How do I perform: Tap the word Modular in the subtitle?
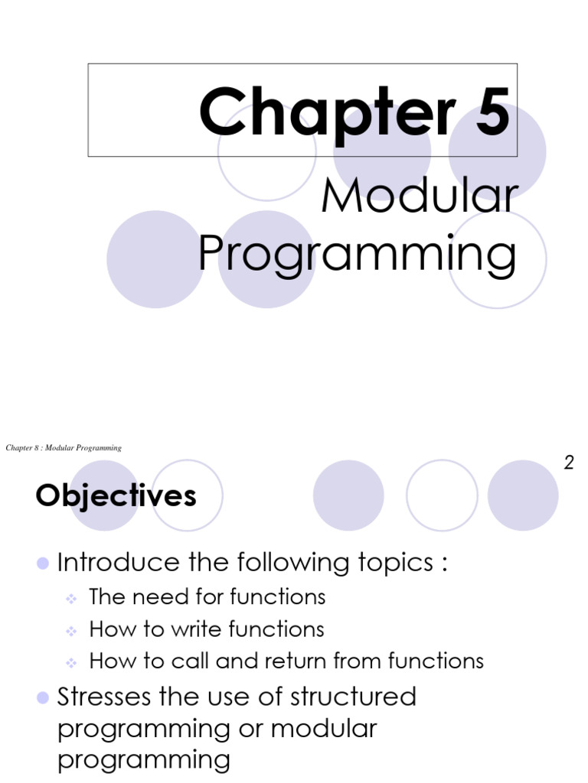pyautogui.click(x=419, y=197)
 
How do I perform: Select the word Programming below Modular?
pyautogui.click(x=357, y=255)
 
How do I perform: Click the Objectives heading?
pyautogui.click(x=116, y=496)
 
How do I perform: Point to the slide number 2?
pyautogui.click(x=569, y=463)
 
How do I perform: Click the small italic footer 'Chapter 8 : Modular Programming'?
pyautogui.click(x=64, y=448)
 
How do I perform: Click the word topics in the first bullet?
pyautogui.click(x=389, y=564)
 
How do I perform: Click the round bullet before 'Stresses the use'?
pyautogui.click(x=43, y=697)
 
